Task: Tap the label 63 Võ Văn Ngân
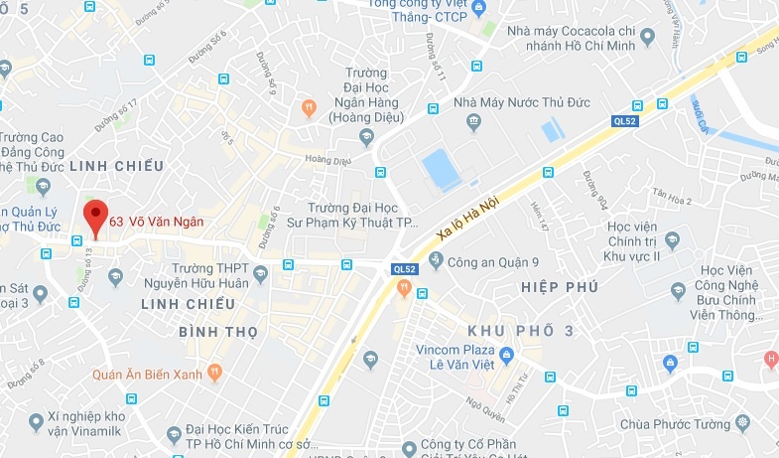pos(156,222)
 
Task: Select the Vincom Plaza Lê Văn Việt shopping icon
pos(506,354)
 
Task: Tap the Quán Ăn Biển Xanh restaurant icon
pos(216,374)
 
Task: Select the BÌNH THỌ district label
pos(218,331)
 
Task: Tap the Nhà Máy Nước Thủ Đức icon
pos(473,122)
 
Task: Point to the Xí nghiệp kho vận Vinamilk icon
pos(37,423)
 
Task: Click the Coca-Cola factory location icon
pos(648,38)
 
